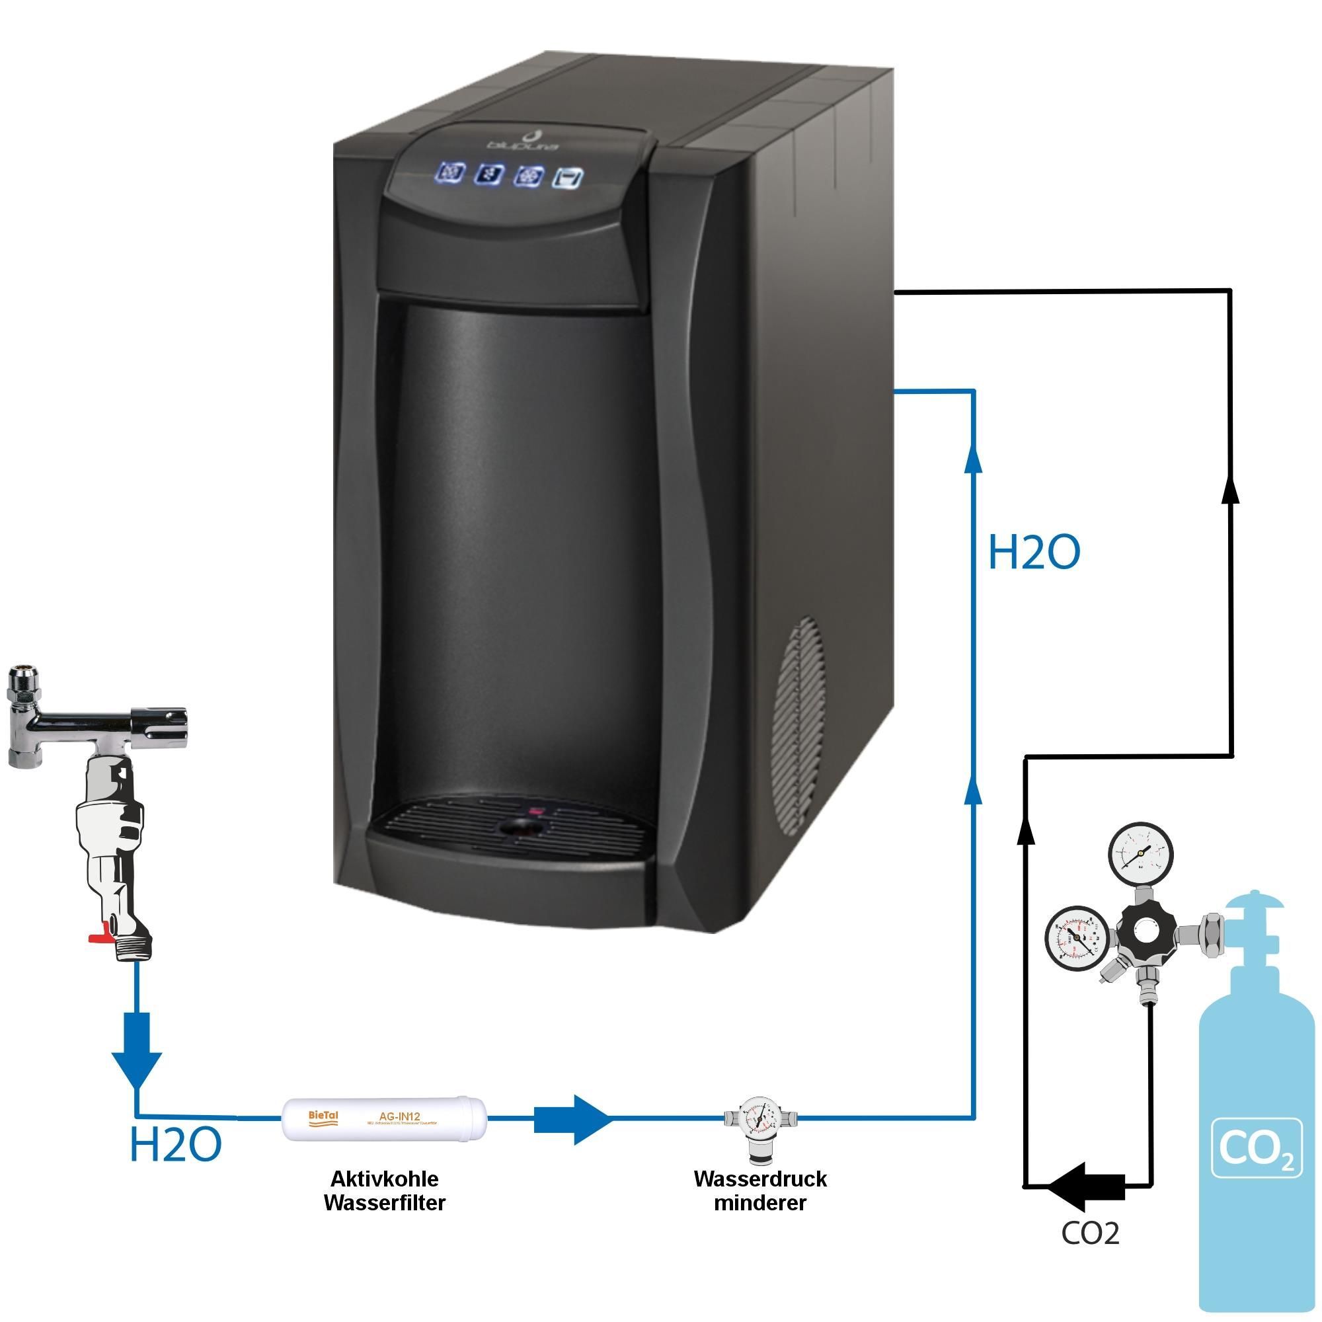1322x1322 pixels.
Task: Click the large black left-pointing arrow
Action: coord(1087,1185)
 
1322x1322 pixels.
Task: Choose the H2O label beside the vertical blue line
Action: coord(1034,553)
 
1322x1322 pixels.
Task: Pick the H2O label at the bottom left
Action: coord(176,1145)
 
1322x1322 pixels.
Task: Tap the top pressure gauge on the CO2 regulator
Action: coord(1141,855)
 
